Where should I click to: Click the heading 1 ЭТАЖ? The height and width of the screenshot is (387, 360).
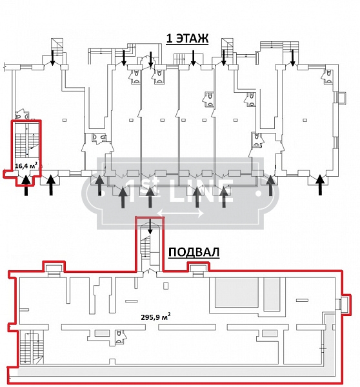click(x=187, y=39)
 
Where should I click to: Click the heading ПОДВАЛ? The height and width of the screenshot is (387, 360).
click(x=194, y=252)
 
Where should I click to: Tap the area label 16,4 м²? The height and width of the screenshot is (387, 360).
click(x=26, y=165)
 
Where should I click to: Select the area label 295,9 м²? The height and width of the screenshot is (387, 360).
click(x=155, y=317)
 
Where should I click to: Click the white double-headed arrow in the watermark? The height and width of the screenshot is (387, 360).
click(x=181, y=213)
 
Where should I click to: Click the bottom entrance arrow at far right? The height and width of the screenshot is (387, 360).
click(x=320, y=184)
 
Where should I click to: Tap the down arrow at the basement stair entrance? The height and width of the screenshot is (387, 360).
click(x=150, y=226)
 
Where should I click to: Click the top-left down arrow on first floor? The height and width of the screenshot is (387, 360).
click(x=53, y=58)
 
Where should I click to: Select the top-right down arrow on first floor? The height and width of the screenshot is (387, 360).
click(x=293, y=58)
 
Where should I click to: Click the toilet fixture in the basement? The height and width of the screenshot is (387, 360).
click(x=120, y=337)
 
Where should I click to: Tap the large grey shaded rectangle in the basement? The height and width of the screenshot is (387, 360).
click(x=237, y=292)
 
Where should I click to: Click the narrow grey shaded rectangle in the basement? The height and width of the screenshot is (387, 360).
click(x=272, y=294)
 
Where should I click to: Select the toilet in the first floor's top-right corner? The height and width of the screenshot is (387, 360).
click(x=328, y=76)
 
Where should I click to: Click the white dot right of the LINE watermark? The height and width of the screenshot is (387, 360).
click(x=259, y=193)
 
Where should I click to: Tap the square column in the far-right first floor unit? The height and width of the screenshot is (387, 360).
click(x=305, y=120)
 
